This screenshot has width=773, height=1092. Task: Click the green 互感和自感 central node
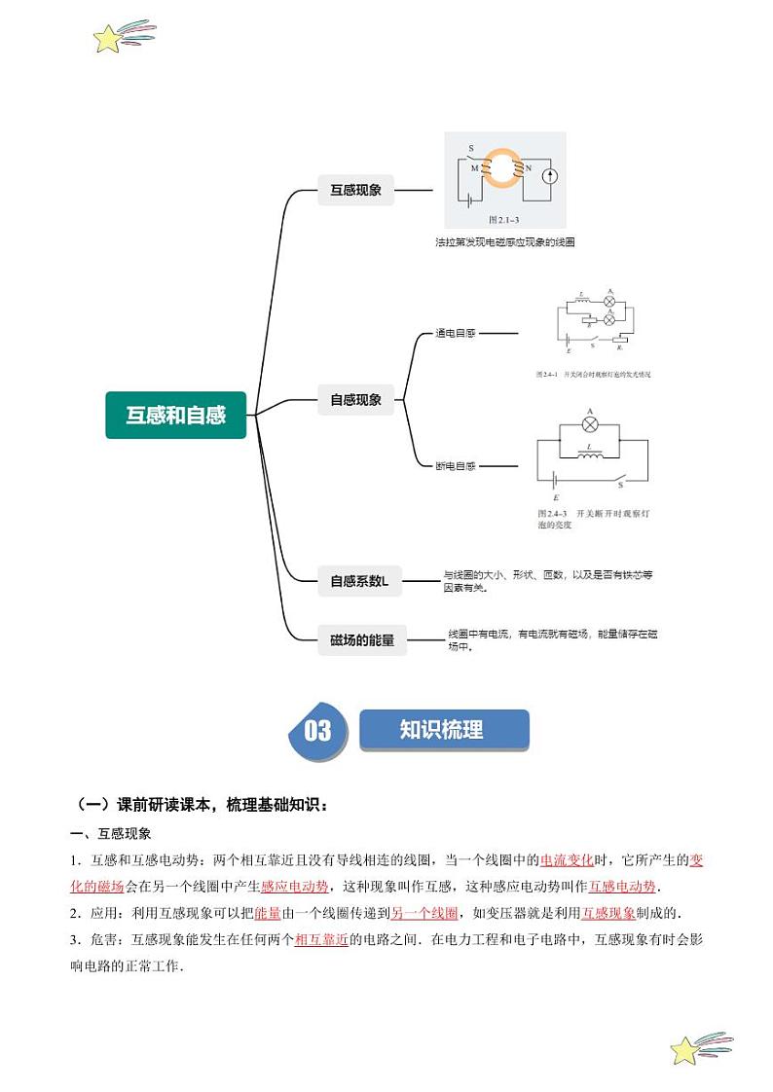click(176, 415)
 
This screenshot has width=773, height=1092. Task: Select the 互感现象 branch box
click(355, 191)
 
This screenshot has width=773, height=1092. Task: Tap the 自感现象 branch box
click(355, 399)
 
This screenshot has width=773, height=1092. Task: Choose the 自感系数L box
click(359, 581)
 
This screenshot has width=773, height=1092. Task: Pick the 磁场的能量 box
click(362, 639)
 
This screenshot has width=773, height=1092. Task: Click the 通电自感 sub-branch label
click(456, 333)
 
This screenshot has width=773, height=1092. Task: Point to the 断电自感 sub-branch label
click(456, 466)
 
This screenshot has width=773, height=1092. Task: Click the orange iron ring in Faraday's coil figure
click(503, 168)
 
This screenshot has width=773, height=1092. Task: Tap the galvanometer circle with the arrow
click(549, 176)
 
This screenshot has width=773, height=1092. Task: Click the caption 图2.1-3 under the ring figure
click(503, 220)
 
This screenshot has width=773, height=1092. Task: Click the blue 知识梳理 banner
click(443, 730)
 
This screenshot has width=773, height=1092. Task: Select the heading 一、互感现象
click(110, 834)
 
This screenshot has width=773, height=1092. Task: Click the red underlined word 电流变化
click(567, 859)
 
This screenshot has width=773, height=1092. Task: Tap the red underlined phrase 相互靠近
click(321, 940)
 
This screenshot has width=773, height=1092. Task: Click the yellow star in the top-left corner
click(107, 39)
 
